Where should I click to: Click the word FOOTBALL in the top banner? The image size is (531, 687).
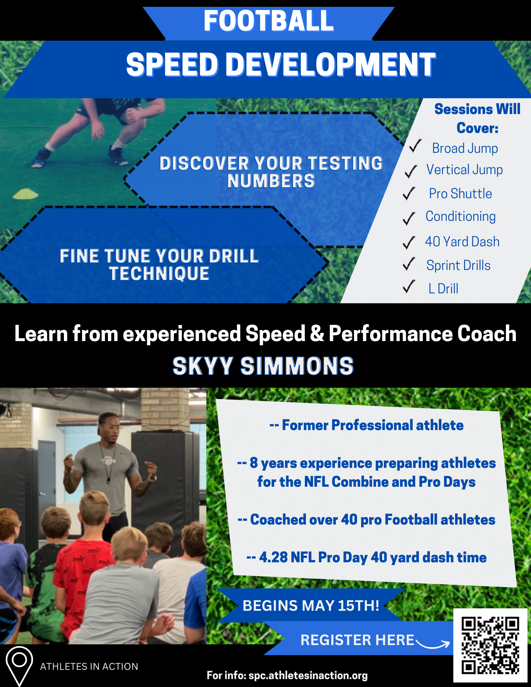[x=268, y=21]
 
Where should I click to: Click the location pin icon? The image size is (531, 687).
[x=19, y=665]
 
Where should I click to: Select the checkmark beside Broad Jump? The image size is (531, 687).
[x=415, y=146]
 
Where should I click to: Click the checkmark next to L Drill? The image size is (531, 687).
[x=409, y=286]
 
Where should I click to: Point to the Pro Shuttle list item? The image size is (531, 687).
[x=460, y=194]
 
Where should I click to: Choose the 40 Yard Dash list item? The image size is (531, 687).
[x=462, y=242]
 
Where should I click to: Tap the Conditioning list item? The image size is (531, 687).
[x=461, y=217]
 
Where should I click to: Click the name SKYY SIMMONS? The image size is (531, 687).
[x=263, y=366]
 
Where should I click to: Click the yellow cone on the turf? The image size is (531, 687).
[x=25, y=194]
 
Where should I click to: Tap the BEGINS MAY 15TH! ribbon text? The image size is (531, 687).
[x=311, y=606]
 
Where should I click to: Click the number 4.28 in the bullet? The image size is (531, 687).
[x=273, y=557]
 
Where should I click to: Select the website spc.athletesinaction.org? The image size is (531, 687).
[x=308, y=675]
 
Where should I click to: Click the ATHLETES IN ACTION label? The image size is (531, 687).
[x=89, y=667]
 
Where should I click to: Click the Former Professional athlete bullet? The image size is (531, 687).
[x=366, y=425]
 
